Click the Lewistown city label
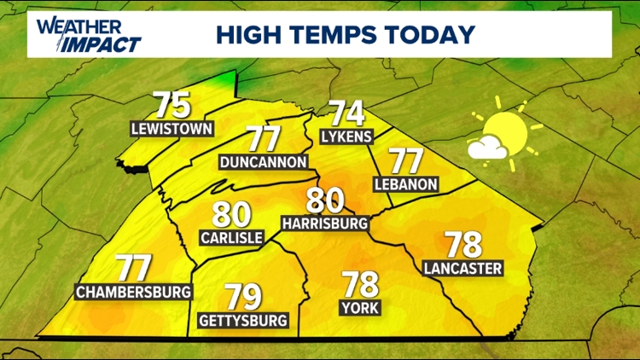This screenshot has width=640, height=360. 172,130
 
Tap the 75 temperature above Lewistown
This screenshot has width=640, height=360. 172,106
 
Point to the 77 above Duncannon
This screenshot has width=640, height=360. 263,138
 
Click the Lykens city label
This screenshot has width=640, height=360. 347,136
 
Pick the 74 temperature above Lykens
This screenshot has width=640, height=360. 346,113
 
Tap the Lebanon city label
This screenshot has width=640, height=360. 406,184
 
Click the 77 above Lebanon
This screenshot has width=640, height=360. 406,161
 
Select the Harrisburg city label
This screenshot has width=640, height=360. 325,224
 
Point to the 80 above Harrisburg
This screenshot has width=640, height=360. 326,200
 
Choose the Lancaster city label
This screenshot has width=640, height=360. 462,269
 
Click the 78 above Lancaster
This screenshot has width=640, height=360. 463,245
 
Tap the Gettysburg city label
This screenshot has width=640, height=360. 243,321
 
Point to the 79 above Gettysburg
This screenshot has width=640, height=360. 243,297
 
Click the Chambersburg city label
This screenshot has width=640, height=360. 133,292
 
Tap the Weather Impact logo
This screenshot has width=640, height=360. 88,34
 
